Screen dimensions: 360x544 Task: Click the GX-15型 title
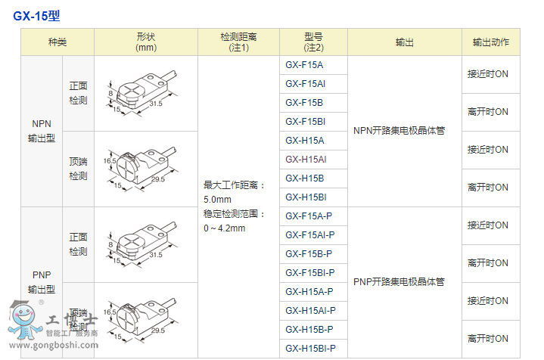[x=37, y=15]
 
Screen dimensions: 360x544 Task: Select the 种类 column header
[x=57, y=42]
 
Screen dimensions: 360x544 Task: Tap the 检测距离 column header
[x=238, y=42]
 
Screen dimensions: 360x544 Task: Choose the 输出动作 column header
[x=490, y=42]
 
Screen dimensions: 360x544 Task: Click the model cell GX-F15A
[x=304, y=65]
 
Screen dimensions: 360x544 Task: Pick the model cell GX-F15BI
[x=306, y=122]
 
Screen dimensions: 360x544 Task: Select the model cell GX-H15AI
[x=306, y=160]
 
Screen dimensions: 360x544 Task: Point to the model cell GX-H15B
[x=304, y=178]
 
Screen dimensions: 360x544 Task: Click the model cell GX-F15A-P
[x=309, y=216]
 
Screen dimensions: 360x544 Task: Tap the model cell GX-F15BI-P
[x=310, y=273]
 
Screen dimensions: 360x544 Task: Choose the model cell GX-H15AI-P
[x=310, y=311]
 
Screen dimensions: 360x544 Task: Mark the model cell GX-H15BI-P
[x=310, y=349]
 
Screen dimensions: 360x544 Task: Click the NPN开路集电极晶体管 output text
[x=399, y=131]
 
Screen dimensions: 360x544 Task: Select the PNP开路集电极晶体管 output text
[x=399, y=282]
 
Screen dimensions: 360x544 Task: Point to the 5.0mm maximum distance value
[x=216, y=199]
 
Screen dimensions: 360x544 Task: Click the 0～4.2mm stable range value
[x=224, y=228]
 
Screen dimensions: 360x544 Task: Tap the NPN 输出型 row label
[x=42, y=131]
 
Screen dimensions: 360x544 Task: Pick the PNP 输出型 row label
[x=42, y=281]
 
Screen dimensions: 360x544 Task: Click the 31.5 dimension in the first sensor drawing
[x=157, y=104]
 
